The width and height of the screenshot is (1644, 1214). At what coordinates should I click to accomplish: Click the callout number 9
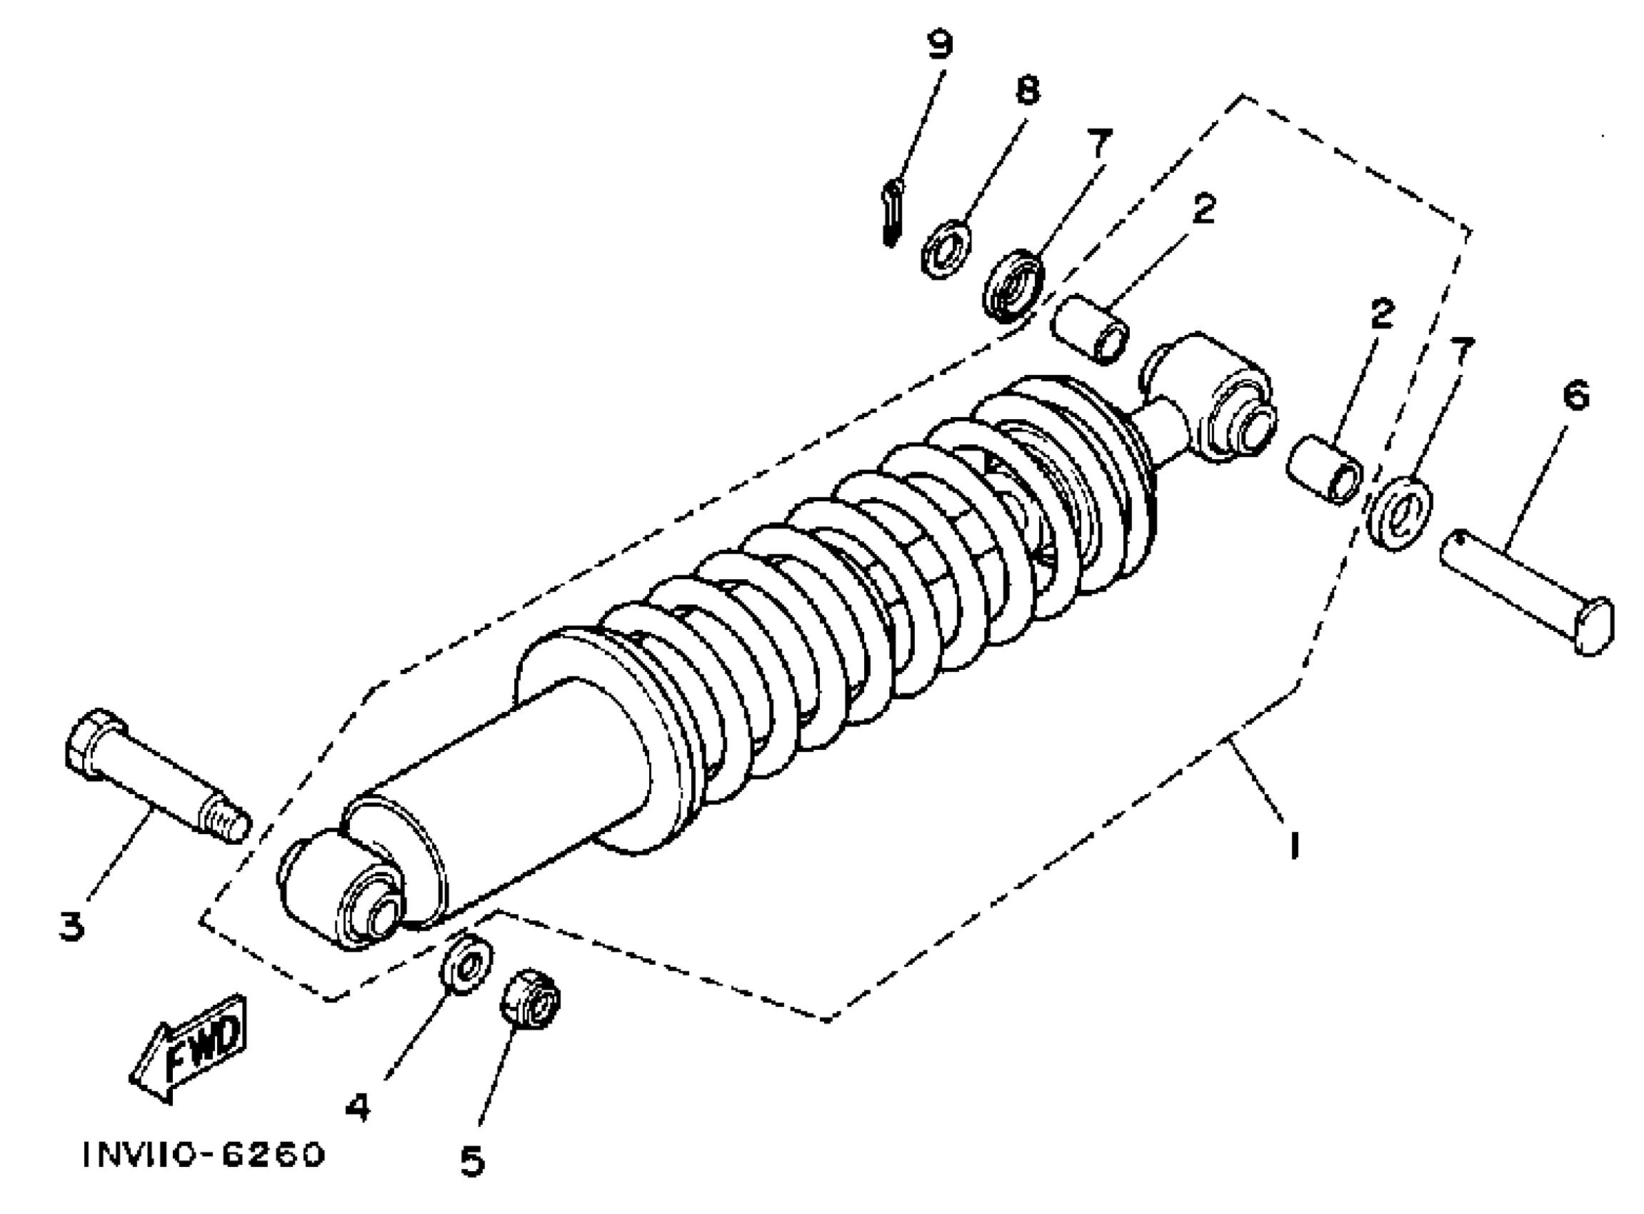point(938,45)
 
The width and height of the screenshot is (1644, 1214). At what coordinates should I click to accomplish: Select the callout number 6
point(1575,396)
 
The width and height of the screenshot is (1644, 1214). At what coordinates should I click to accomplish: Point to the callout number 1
point(1295,844)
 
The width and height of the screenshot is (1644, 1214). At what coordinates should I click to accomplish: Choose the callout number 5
point(473,1162)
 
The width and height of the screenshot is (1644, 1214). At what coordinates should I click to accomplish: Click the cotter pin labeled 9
point(891,214)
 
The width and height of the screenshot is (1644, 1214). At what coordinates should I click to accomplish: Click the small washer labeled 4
point(465,963)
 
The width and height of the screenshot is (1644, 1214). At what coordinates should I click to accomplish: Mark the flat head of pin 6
point(1593,626)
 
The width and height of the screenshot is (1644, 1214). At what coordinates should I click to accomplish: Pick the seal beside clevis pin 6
point(1398,513)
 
